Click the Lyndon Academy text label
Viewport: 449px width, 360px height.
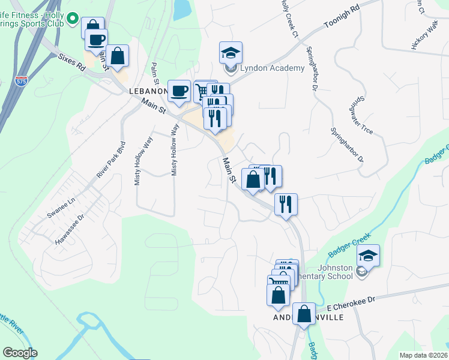click(272, 68)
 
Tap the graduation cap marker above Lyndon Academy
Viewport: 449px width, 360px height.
click(230, 53)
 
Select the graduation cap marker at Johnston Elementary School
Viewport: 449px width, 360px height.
click(368, 256)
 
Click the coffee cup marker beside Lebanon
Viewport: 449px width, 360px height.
click(179, 92)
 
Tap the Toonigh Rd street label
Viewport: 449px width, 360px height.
click(342, 17)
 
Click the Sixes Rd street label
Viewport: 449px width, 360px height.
click(71, 61)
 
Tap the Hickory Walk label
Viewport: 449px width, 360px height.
click(425, 41)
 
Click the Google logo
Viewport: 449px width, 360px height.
click(20, 353)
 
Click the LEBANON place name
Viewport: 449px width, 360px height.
click(148, 91)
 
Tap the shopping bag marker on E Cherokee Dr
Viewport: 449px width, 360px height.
click(304, 314)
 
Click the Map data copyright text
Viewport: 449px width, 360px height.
click(424, 355)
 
